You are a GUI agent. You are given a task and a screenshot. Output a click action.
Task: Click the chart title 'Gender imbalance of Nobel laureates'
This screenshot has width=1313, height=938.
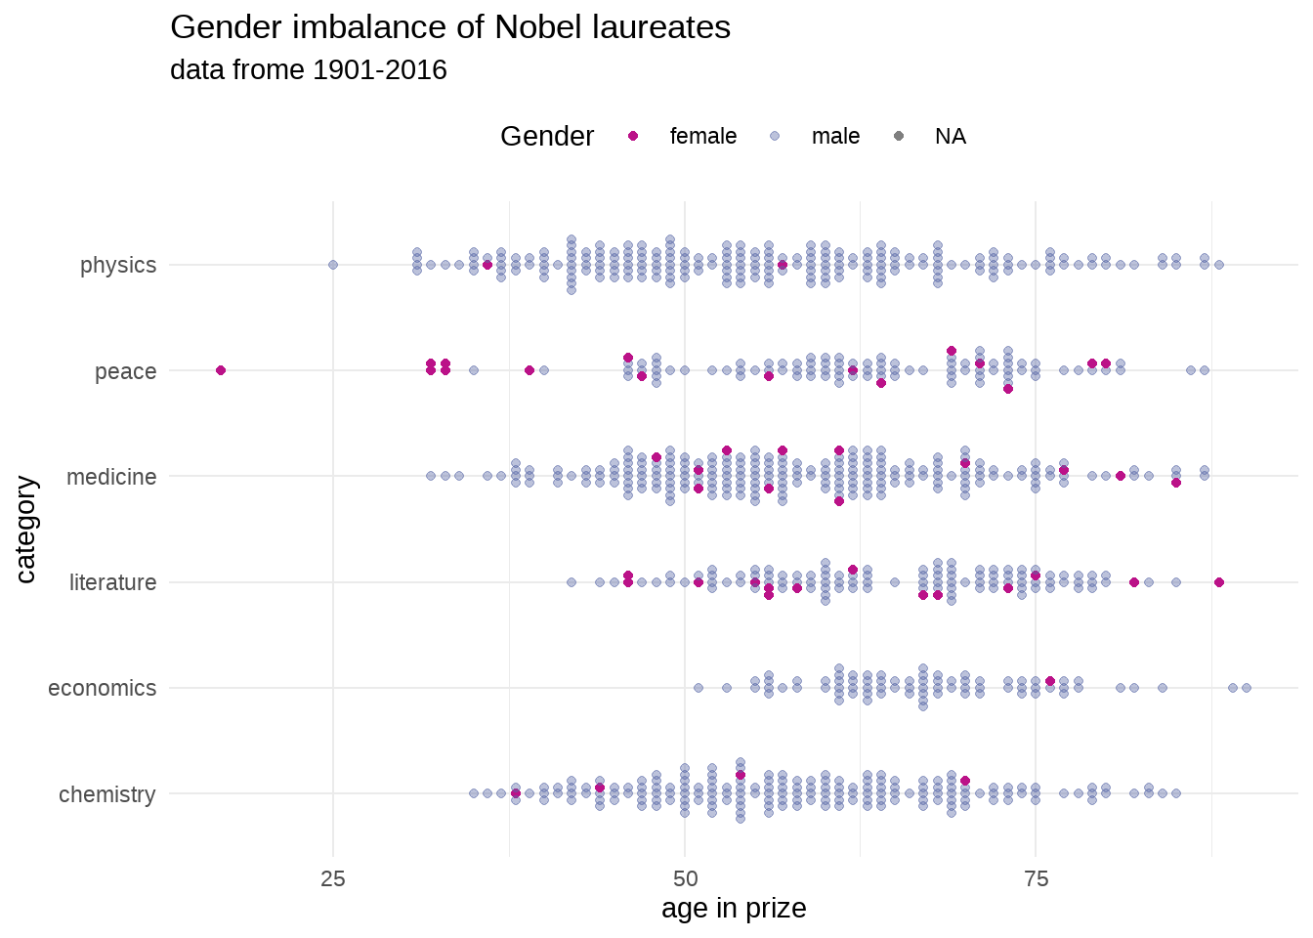450,27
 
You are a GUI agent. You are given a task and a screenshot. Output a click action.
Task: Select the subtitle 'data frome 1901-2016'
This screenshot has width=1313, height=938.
309,70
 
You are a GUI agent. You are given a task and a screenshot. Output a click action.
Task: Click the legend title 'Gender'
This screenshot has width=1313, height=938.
546,137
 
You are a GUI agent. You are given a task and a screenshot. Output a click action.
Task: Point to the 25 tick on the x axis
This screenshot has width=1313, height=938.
333,879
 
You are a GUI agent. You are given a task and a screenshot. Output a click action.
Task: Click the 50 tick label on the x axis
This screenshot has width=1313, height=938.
685,879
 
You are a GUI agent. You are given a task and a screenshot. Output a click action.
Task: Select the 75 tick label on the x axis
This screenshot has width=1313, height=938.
1037,879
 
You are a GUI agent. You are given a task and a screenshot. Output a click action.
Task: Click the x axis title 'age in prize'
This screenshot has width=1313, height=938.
734,909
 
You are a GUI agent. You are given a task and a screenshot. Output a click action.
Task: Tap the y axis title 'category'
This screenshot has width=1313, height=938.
25,530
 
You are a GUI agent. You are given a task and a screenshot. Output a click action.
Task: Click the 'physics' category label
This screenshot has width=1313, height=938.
118,265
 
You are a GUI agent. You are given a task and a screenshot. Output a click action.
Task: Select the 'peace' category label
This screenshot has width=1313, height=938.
125,371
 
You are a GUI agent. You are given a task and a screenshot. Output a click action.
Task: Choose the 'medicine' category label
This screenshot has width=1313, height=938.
111,477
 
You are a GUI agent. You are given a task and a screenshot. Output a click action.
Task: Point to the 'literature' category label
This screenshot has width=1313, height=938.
112,582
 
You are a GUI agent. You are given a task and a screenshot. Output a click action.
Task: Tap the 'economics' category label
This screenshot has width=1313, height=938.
102,688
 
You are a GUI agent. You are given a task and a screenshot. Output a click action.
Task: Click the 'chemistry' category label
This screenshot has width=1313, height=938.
106,794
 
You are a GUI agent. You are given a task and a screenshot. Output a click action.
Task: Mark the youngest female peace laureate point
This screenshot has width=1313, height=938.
221,370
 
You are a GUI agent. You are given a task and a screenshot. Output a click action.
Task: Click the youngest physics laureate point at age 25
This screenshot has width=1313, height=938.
333,265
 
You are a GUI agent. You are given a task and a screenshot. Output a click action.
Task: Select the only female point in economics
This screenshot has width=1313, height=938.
1050,681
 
